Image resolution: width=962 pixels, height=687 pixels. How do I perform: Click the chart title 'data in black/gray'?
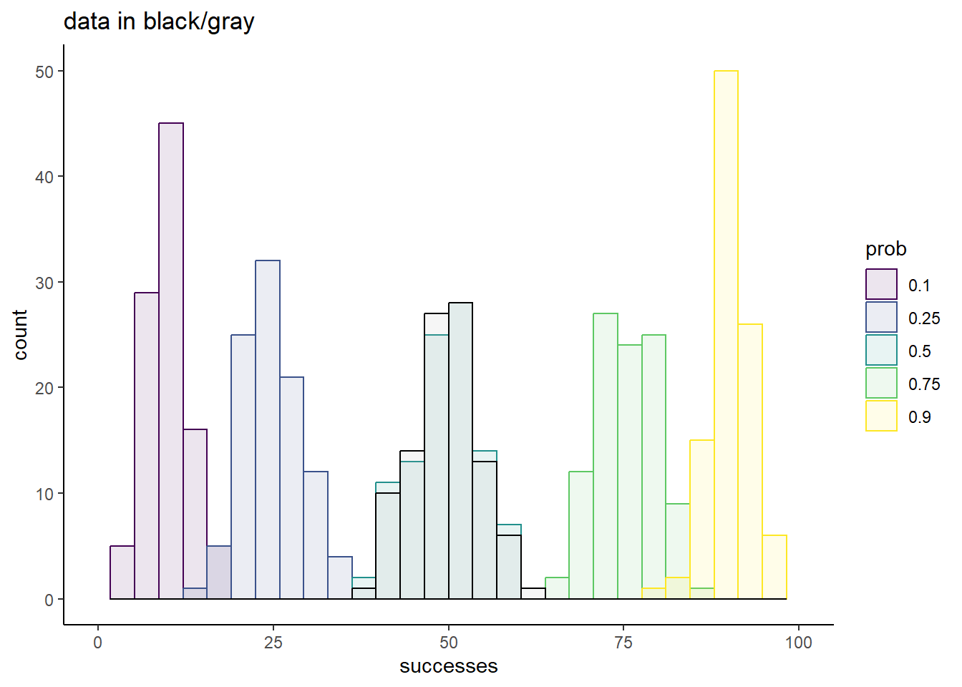pos(159,22)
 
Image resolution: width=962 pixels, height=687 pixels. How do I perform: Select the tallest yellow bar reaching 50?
pos(727,335)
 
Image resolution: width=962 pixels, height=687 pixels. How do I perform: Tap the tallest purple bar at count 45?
pos(171,361)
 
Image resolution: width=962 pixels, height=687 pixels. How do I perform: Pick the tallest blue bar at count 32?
pos(268,430)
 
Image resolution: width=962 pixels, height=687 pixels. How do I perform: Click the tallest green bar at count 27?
pos(606,457)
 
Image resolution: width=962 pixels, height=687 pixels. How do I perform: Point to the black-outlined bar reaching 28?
pos(460,451)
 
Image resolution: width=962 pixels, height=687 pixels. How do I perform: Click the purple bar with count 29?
pos(147,446)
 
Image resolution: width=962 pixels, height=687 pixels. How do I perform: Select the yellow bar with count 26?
pos(750,462)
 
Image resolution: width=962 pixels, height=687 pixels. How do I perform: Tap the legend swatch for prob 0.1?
pos(881,284)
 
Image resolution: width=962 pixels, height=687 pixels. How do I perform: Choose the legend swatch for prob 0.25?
pos(881,317)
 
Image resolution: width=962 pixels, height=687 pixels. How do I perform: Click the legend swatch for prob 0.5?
pos(881,350)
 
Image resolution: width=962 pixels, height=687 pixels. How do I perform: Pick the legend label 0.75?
pos(924,384)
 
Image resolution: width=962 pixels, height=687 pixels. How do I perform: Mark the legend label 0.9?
pos(920,417)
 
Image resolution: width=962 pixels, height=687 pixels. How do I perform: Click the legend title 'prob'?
pos(886,250)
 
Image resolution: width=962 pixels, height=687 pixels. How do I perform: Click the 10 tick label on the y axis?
pos(44,494)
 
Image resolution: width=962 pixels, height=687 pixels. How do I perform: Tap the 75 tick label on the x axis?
pos(623,643)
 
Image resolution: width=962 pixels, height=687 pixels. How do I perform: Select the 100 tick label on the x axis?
pos(799,643)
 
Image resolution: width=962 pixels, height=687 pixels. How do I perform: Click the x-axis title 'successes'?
pos(448,666)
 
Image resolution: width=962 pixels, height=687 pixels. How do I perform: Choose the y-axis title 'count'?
pos(20,335)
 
